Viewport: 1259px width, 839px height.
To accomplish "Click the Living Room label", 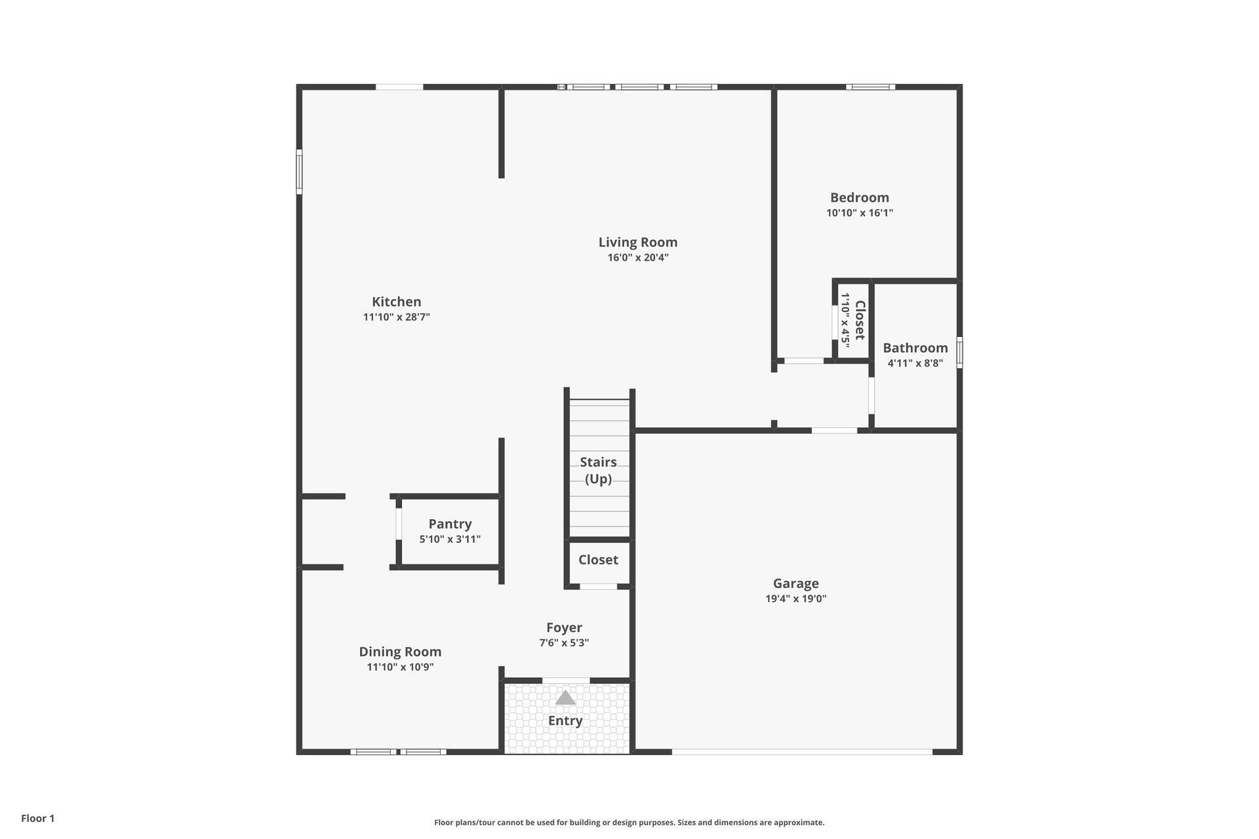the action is click(x=638, y=243).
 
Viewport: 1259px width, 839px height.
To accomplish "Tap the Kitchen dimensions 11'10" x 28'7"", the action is click(x=397, y=317).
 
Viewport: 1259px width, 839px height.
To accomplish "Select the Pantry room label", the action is click(x=450, y=524).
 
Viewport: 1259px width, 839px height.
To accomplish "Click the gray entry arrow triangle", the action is click(x=565, y=697).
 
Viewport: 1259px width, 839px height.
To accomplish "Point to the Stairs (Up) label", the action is click(x=598, y=471).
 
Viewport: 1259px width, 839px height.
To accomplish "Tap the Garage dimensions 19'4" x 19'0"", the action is click(x=796, y=598).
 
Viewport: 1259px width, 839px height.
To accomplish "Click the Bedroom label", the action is click(x=860, y=197).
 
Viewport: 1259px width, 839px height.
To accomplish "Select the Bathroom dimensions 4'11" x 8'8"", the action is click(x=915, y=363).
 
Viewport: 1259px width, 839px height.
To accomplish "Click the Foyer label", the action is click(x=564, y=628).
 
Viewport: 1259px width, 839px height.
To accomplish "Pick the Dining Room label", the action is click(x=400, y=652).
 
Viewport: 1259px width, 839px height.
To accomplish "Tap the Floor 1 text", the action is click(x=38, y=818).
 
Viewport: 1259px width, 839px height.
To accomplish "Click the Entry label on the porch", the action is click(x=565, y=721).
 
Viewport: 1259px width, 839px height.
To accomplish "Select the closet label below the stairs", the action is click(x=598, y=560).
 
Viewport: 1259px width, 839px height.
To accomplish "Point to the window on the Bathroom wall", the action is click(x=959, y=352).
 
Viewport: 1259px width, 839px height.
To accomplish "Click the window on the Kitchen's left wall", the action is click(x=299, y=172).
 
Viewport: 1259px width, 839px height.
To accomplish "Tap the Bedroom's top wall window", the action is click(x=871, y=87).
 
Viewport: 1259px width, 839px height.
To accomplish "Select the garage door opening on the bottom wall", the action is click(x=802, y=752).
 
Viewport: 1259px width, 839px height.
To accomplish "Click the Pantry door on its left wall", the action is click(x=398, y=524).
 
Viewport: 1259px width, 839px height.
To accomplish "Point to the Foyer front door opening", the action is click(x=566, y=680).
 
